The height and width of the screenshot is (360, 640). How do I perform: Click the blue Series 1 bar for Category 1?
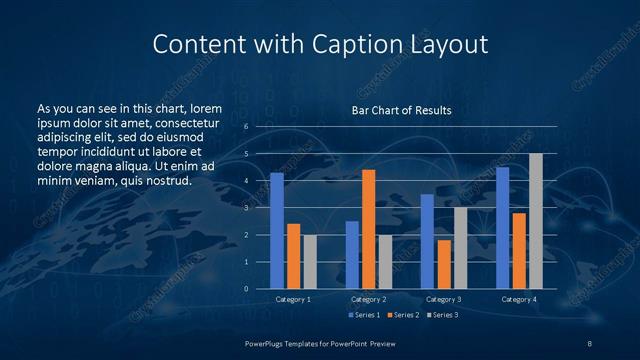(x=277, y=231)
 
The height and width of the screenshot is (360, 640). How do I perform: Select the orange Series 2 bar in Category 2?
(x=368, y=229)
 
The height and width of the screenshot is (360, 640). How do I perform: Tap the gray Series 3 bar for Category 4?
(x=535, y=221)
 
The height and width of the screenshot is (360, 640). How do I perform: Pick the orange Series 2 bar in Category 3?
(x=444, y=264)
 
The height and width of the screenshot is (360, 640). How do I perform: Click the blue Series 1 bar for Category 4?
(x=502, y=228)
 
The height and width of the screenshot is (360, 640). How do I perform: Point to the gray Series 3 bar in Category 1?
(x=310, y=262)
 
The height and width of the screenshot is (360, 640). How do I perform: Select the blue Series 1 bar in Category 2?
(x=352, y=255)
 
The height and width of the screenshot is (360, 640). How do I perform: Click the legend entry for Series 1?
(x=362, y=315)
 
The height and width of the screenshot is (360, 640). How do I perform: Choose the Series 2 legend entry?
(x=402, y=315)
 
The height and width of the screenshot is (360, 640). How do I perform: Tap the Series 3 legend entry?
(x=442, y=315)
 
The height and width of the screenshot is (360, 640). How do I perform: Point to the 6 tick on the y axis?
(x=246, y=127)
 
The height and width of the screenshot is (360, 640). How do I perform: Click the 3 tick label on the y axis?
(x=246, y=208)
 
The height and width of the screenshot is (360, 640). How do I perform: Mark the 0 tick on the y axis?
(x=246, y=289)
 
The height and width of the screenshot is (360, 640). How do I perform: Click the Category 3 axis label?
(x=444, y=299)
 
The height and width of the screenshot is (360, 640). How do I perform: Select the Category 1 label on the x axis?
(x=293, y=299)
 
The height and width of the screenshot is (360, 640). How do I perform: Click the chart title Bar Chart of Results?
(x=400, y=110)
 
